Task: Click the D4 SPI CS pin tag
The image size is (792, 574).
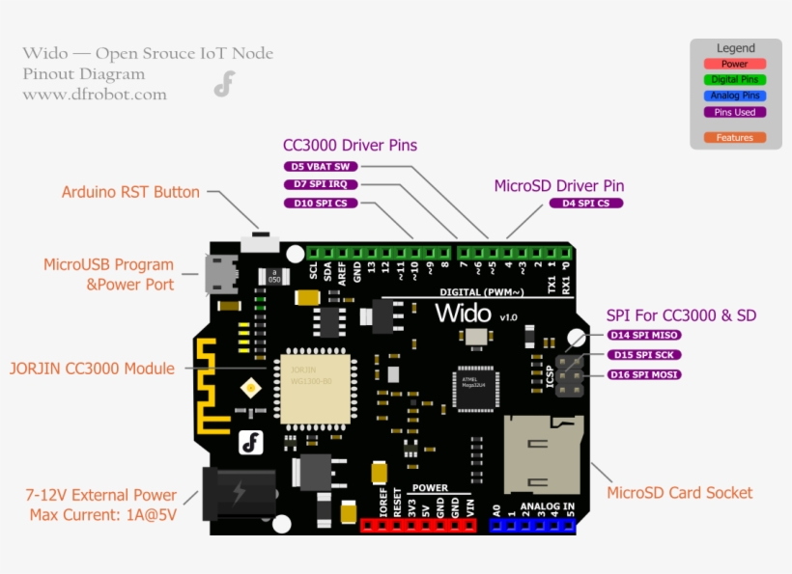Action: (586, 204)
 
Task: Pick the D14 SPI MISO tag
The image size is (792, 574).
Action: (644, 335)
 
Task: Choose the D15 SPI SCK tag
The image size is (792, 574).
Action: (644, 355)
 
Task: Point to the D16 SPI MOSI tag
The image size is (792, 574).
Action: (644, 374)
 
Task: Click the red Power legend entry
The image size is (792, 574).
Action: (734, 64)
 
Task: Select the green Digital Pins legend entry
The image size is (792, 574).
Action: (734, 80)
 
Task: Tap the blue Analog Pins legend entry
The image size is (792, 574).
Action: (734, 96)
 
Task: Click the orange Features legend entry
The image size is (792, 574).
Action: (734, 138)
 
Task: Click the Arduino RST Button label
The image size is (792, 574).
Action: (130, 192)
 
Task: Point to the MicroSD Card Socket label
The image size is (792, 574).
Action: (679, 493)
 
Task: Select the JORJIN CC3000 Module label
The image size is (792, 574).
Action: (92, 369)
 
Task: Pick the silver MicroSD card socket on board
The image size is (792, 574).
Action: (542, 452)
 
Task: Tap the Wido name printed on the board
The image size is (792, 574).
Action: (464, 313)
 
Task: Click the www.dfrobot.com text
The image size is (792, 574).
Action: (95, 95)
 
